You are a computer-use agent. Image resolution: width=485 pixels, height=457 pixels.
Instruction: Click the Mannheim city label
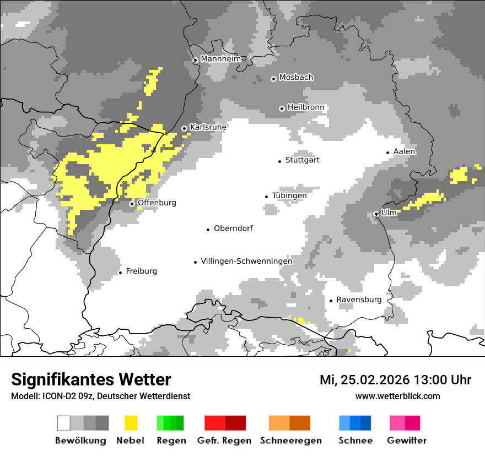pyautogui.click(x=220, y=58)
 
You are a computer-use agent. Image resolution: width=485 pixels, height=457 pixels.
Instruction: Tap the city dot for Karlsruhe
pyautogui.click(x=185, y=129)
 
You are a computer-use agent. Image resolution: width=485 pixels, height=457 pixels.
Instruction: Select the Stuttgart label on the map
pyautogui.click(x=302, y=160)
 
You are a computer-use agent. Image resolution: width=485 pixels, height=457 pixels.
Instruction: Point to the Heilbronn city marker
pyautogui.click(x=282, y=108)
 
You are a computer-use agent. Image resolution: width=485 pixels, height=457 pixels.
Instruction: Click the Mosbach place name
pyautogui.click(x=296, y=78)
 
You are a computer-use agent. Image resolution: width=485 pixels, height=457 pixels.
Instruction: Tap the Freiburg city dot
pyautogui.click(x=120, y=273)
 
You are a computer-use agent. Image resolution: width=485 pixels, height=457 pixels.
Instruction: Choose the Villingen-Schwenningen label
pyautogui.click(x=246, y=262)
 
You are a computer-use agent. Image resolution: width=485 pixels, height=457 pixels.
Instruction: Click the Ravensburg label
pyautogui.click(x=359, y=300)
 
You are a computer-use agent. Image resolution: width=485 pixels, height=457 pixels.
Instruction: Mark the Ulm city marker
pyautogui.click(x=376, y=214)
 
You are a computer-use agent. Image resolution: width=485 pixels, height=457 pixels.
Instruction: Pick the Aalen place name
pyautogui.click(x=404, y=151)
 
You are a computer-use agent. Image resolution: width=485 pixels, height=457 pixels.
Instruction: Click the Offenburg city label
pyautogui.click(x=157, y=203)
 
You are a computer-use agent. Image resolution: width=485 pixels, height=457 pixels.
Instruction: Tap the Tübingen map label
pyautogui.click(x=289, y=195)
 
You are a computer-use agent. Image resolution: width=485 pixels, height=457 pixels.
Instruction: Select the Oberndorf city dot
pyautogui.click(x=208, y=230)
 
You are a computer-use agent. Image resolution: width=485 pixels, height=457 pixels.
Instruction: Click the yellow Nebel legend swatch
pyautogui.click(x=131, y=423)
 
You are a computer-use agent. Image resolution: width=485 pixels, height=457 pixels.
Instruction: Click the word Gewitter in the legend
pyautogui.click(x=407, y=440)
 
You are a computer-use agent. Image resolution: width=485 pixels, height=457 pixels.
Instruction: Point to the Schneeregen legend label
pyautogui.click(x=290, y=440)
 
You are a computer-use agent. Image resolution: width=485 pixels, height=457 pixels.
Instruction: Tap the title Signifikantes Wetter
pyautogui.click(x=91, y=379)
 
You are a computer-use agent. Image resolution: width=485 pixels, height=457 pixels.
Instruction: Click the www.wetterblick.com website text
pyautogui.click(x=397, y=396)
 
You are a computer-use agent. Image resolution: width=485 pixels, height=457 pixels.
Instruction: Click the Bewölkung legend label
pyautogui.click(x=80, y=440)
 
